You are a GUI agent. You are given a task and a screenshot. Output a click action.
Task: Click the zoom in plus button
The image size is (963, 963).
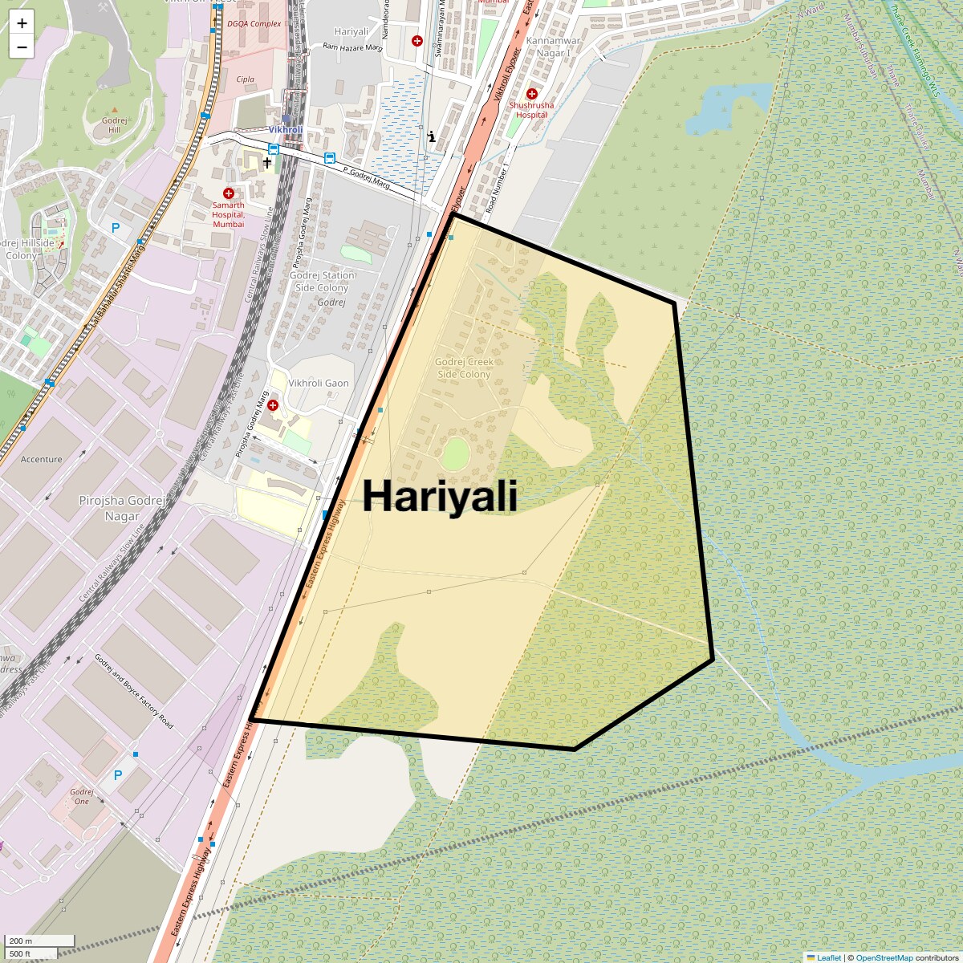click(22, 23)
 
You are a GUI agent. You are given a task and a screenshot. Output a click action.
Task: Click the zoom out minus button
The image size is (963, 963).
click(22, 47)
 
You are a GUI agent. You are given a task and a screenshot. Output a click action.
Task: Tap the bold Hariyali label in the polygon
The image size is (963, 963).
click(440, 496)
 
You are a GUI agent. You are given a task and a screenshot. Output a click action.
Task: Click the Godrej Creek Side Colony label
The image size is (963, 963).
click(464, 368)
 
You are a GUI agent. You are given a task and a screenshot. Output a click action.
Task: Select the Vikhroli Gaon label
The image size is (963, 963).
click(319, 384)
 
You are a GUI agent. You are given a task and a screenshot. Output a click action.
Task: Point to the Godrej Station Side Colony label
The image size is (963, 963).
click(322, 282)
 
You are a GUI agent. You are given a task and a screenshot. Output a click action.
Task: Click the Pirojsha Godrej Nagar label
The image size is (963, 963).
click(122, 509)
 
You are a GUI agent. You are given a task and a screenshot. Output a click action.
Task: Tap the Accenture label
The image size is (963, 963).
click(42, 460)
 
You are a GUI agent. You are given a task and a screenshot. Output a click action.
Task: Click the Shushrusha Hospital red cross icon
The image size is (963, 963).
click(531, 94)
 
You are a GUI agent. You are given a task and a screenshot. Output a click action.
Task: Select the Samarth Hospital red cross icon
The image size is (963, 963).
click(229, 193)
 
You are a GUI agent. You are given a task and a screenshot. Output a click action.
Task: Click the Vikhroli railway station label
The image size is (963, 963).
click(285, 129)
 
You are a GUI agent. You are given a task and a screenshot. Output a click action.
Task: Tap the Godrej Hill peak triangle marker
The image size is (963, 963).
click(114, 110)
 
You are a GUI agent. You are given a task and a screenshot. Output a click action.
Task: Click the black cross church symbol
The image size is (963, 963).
click(267, 162)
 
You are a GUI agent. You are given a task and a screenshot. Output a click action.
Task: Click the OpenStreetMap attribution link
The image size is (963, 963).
click(884, 957)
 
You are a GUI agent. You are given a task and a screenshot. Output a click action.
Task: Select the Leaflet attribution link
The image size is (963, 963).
click(829, 957)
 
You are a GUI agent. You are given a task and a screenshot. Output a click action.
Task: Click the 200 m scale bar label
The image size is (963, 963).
click(22, 941)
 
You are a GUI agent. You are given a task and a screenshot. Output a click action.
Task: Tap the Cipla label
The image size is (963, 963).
click(246, 79)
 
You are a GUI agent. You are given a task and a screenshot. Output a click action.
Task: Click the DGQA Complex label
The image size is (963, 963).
click(254, 24)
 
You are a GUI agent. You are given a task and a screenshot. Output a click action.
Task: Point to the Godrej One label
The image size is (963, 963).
click(82, 797)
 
